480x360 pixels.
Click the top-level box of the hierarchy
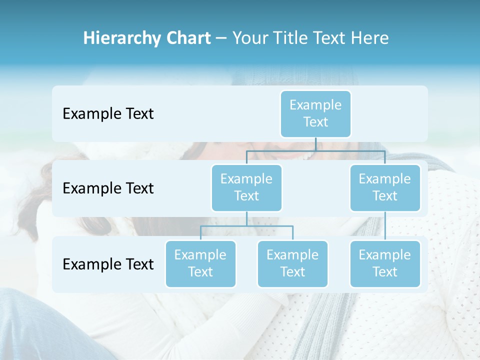(x=315, y=113)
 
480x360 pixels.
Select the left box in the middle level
(x=246, y=187)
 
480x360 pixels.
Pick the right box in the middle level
(x=385, y=187)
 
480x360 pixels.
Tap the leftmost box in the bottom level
(x=200, y=263)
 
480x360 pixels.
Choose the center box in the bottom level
(x=292, y=263)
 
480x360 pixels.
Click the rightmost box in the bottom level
(x=385, y=263)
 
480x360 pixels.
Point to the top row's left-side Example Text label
(x=108, y=114)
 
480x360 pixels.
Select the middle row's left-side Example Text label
(x=108, y=188)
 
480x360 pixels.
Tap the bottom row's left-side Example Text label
(x=108, y=264)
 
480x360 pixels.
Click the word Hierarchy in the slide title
(x=122, y=38)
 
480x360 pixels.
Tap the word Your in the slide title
(x=250, y=38)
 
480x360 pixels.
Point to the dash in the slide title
(x=221, y=38)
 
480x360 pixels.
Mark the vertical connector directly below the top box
(x=315, y=144)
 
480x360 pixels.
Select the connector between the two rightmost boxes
(x=385, y=226)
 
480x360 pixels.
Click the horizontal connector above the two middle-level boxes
(x=315, y=150)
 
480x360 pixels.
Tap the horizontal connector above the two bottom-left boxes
(x=246, y=226)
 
